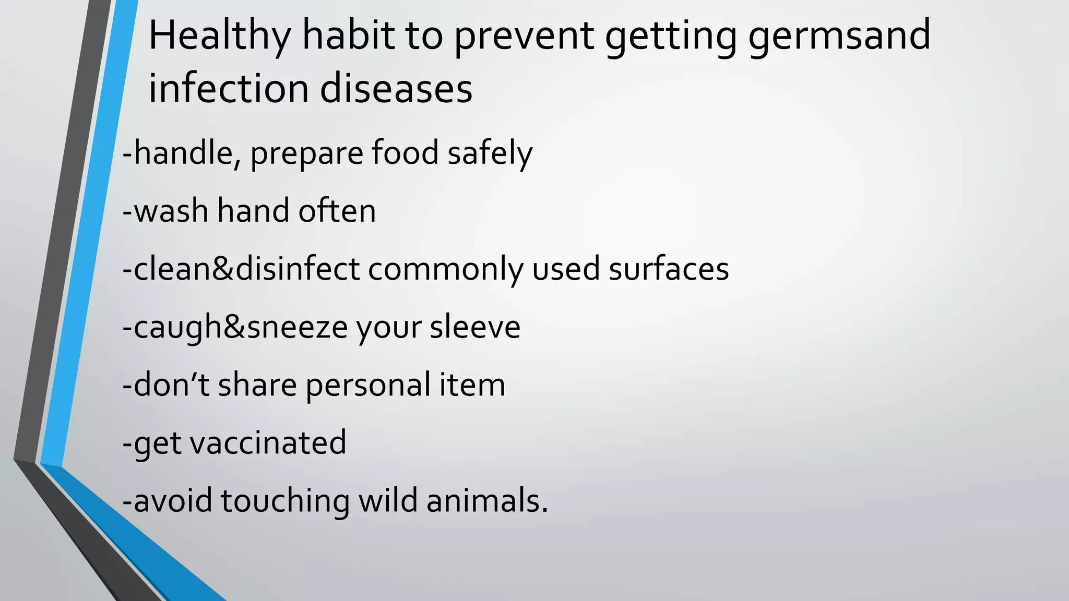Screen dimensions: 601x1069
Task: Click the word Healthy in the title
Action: point(219,37)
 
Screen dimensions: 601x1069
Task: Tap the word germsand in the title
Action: point(839,37)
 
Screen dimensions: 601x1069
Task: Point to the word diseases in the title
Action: point(396,89)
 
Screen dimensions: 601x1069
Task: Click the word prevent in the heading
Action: point(524,37)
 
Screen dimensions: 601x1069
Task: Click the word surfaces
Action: point(669,269)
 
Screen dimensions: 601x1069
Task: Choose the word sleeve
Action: point(475,327)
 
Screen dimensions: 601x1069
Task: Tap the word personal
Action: point(368,386)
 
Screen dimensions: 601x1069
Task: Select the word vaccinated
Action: point(268,443)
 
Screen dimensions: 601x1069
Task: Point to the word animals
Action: point(487,501)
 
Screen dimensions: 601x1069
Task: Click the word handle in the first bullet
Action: point(183,153)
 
